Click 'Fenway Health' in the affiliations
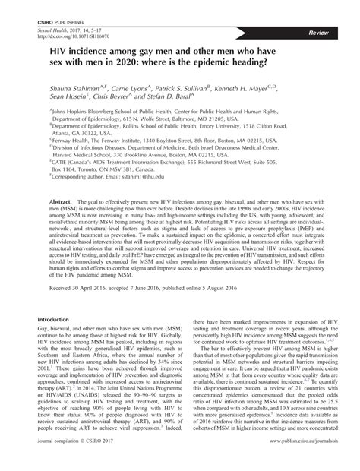[72, 141]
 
